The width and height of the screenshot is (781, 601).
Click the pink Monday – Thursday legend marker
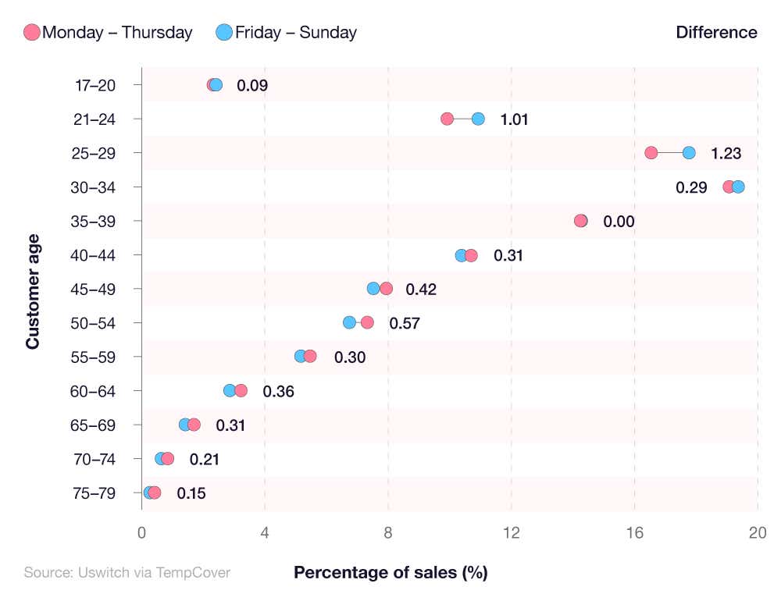click(x=32, y=33)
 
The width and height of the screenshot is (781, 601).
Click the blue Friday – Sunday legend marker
click(x=224, y=33)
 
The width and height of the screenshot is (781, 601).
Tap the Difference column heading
click(x=716, y=33)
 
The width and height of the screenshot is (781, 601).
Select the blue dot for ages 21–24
click(x=478, y=119)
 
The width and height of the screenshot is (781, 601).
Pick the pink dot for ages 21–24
click(x=447, y=119)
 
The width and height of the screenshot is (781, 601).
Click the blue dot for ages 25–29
click(x=689, y=153)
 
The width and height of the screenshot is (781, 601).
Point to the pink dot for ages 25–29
click(x=651, y=153)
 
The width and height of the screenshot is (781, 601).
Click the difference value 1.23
click(x=726, y=154)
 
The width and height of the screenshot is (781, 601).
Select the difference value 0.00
click(x=619, y=222)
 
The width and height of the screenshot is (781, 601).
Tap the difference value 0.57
click(x=405, y=323)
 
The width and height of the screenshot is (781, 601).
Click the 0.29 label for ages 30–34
click(x=691, y=187)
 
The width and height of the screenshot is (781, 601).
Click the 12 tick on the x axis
click(x=512, y=533)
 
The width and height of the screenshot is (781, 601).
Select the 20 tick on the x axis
click(x=757, y=533)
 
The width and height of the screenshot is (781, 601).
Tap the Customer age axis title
click(x=32, y=289)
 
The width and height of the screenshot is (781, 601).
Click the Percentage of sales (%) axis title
click(x=390, y=572)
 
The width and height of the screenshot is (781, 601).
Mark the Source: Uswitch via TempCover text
click(x=127, y=572)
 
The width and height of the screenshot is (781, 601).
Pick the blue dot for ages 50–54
click(x=349, y=322)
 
